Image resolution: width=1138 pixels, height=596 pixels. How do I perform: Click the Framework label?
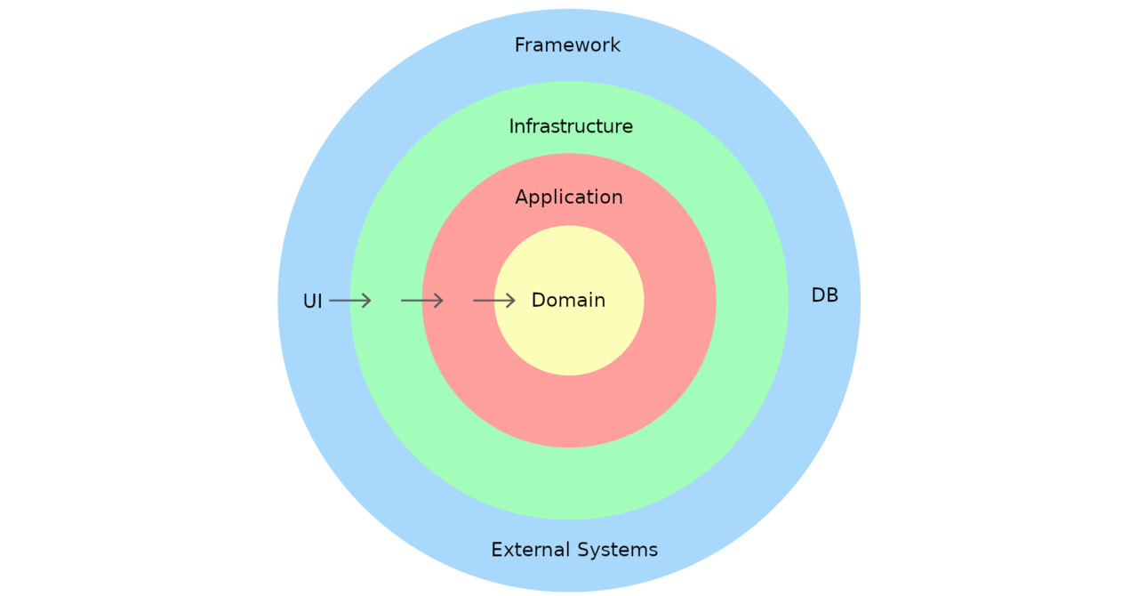point(567,45)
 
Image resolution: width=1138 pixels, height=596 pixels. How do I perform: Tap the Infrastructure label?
point(571,127)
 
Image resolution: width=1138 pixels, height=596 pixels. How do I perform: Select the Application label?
point(569,197)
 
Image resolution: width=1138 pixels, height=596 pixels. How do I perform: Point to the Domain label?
point(568,301)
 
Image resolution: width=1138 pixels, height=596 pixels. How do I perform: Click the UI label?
point(312,302)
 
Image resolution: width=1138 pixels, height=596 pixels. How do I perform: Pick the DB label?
point(824,295)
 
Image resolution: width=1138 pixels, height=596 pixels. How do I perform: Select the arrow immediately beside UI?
point(349,301)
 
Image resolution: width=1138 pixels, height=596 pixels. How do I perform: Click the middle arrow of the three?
point(421,301)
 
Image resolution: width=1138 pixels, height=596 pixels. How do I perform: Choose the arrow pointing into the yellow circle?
point(493,301)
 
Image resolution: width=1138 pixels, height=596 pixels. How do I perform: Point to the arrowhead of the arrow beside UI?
point(366,301)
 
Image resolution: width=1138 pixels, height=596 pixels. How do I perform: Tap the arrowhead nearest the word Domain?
point(511,301)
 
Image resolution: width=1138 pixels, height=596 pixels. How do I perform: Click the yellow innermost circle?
point(569,347)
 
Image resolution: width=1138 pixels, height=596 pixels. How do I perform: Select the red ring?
point(569,409)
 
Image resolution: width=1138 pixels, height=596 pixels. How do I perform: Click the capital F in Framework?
point(520,45)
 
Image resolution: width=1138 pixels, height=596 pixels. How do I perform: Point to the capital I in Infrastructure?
point(511,127)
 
